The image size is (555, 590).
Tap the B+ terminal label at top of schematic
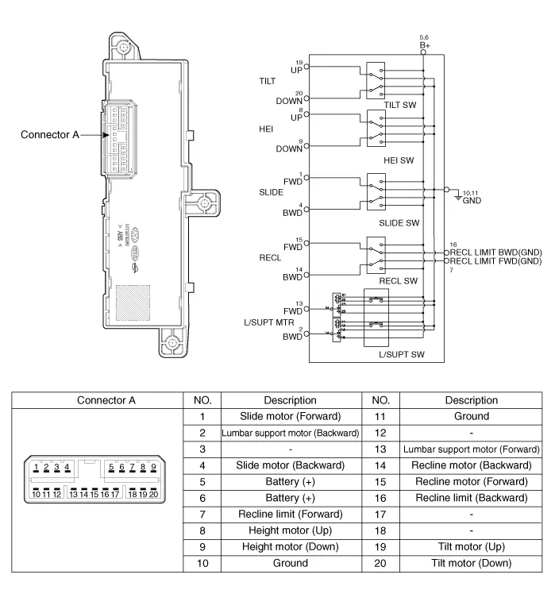[x=424, y=45]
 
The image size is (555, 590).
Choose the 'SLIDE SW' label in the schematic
[x=400, y=223]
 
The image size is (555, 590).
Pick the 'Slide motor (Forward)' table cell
[x=291, y=417]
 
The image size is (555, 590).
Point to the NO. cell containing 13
[x=380, y=449]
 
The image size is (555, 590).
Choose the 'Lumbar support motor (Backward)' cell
[x=291, y=434]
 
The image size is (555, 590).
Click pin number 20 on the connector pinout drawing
[x=153, y=493]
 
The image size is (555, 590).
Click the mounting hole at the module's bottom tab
[x=172, y=348]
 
